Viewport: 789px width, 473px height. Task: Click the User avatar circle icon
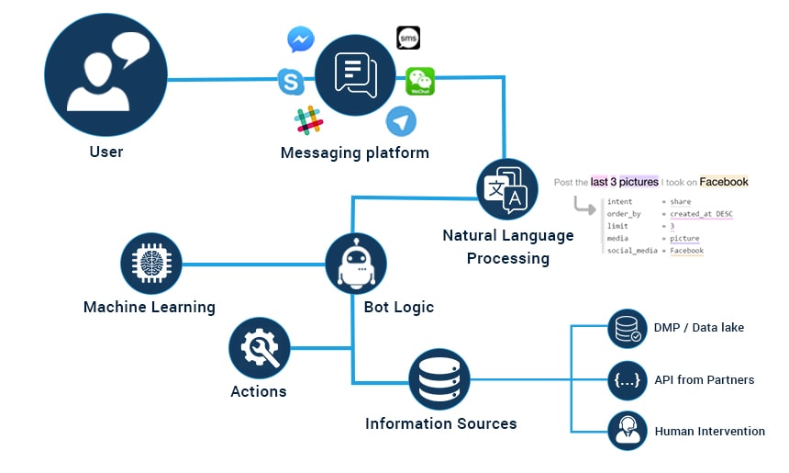(106, 73)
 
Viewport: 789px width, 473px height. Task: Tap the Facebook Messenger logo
(301, 39)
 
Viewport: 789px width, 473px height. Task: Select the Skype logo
(291, 83)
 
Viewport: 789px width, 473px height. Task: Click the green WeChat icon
(420, 82)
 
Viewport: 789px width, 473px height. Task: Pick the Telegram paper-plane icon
(401, 121)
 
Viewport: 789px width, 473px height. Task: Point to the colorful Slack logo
(308, 119)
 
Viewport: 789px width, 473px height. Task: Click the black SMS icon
(408, 38)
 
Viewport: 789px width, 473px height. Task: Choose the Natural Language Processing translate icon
(507, 189)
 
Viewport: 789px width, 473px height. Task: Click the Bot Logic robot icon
(356, 264)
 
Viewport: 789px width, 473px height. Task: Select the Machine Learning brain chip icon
(151, 264)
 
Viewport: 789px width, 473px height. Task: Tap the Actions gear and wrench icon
(260, 348)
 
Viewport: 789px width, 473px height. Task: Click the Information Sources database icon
(439, 379)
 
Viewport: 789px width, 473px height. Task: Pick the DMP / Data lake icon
(628, 328)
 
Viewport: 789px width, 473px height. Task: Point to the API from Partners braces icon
(628, 379)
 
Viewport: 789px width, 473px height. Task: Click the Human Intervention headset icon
(628, 430)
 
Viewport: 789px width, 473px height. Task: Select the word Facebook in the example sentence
(724, 182)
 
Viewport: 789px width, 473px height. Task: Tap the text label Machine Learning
(150, 307)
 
